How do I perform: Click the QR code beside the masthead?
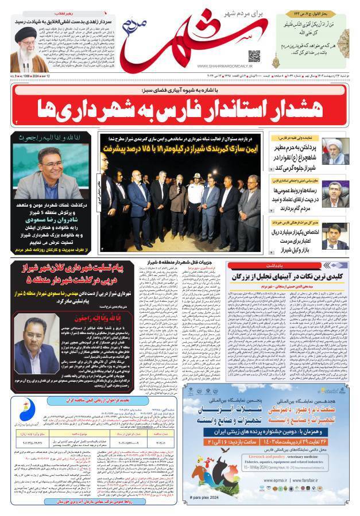click(x=254, y=56)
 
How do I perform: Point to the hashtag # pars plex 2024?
click(x=203, y=496)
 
